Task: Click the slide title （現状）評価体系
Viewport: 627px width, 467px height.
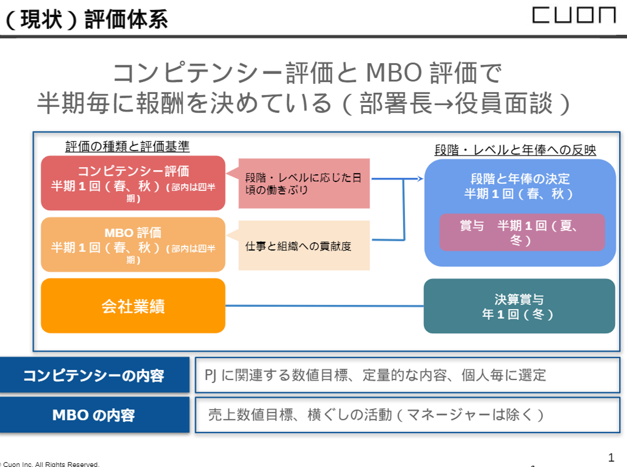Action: pos(87,19)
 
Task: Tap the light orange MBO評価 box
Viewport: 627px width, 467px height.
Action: pos(133,245)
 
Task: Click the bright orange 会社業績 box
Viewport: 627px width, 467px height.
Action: pos(133,306)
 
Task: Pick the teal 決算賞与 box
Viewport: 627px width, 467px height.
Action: pos(519,306)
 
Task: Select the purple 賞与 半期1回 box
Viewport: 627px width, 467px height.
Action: pos(522,232)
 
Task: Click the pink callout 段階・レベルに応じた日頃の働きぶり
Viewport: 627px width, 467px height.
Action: pos(304,183)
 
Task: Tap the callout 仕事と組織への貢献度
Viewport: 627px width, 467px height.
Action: pos(304,246)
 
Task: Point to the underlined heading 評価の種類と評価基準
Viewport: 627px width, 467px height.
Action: pos(127,147)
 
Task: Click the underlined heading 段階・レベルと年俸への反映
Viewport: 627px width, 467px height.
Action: pos(515,150)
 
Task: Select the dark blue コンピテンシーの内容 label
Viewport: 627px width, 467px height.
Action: pos(94,375)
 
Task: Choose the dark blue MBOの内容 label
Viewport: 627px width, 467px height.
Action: pos(94,415)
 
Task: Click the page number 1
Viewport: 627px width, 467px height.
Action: pos(611,457)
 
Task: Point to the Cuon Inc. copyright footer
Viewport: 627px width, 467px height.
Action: pos(51,464)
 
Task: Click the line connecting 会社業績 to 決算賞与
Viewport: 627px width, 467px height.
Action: pos(324,306)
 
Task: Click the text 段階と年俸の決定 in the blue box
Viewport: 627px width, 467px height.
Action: pos(520,179)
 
